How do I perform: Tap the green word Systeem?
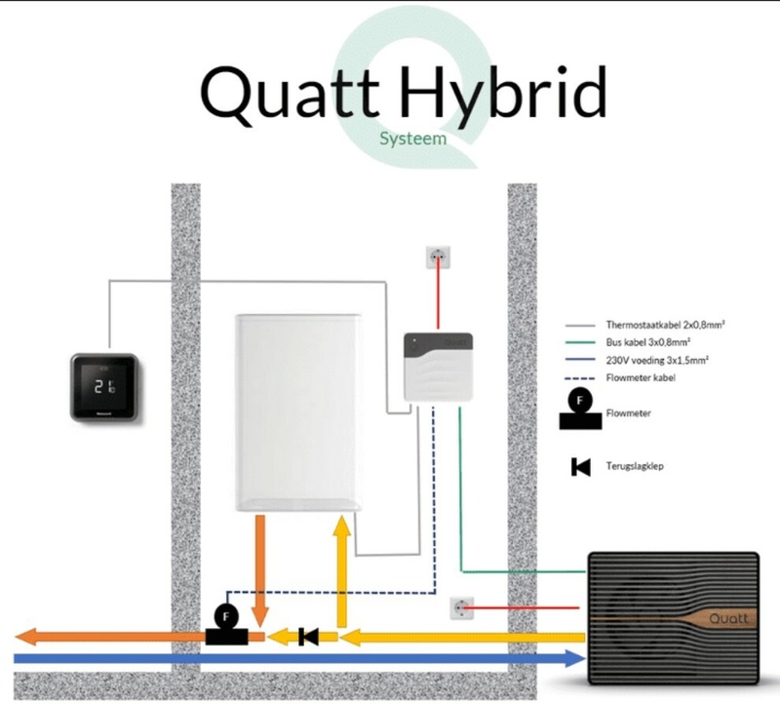tap(412, 138)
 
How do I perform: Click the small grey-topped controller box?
tap(438, 367)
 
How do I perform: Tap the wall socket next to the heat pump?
tap(460, 610)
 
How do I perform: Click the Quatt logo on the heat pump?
tap(727, 617)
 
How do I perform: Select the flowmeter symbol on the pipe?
tap(226, 624)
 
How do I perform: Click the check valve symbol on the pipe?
tap(309, 638)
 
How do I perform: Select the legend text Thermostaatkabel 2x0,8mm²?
tap(656, 325)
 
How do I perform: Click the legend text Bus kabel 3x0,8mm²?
tap(643, 342)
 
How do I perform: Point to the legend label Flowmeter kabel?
tap(639, 377)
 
